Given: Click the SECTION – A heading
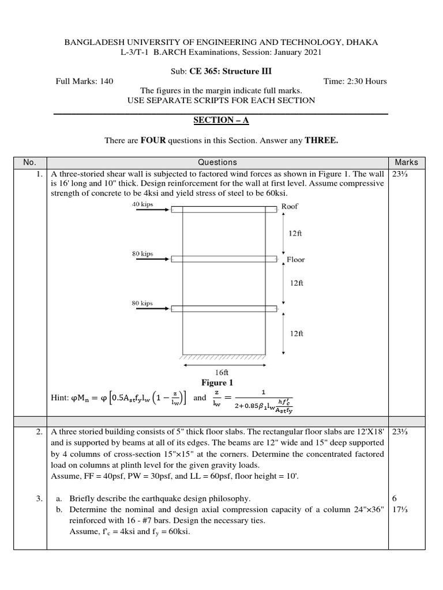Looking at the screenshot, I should point(221,120).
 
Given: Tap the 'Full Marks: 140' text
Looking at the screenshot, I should point(84,81).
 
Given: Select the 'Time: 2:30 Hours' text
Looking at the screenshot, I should point(355,81).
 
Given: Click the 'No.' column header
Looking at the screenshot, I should point(29,162).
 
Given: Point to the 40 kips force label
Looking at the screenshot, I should point(142,204).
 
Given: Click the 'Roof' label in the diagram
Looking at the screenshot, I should point(290,206).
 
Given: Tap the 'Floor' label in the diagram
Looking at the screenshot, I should point(295,260).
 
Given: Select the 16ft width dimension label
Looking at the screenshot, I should point(221,373).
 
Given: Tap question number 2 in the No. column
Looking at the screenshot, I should point(39,432).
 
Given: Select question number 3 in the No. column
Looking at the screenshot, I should point(39,498).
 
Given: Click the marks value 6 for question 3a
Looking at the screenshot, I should point(395,498).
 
